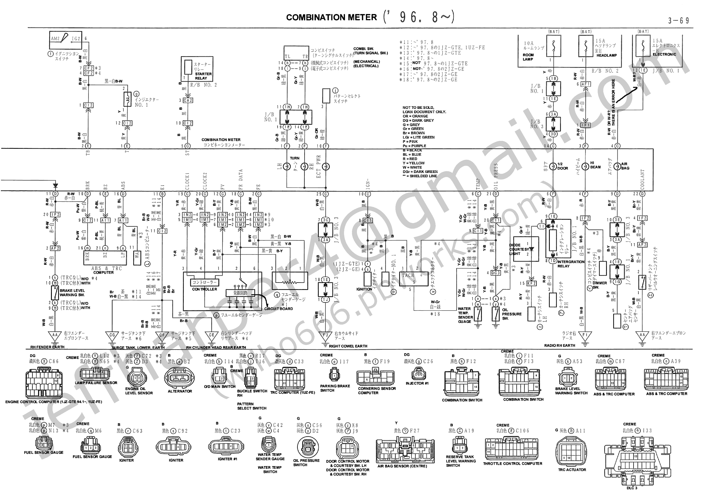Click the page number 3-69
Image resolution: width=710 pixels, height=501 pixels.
coord(678,21)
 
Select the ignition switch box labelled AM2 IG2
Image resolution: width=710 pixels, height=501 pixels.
coord(66,40)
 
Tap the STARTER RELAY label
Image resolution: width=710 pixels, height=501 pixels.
coord(203,76)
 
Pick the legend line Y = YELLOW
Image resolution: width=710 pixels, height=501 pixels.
coord(414,163)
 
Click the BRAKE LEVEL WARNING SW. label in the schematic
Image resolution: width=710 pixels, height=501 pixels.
coord(72,293)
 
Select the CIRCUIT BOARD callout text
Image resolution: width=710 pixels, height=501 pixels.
coord(278,309)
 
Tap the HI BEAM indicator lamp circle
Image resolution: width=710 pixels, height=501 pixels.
coord(585,166)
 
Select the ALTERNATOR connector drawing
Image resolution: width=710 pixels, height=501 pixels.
coord(180,378)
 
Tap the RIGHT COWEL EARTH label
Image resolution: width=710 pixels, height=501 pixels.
coord(348,346)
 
